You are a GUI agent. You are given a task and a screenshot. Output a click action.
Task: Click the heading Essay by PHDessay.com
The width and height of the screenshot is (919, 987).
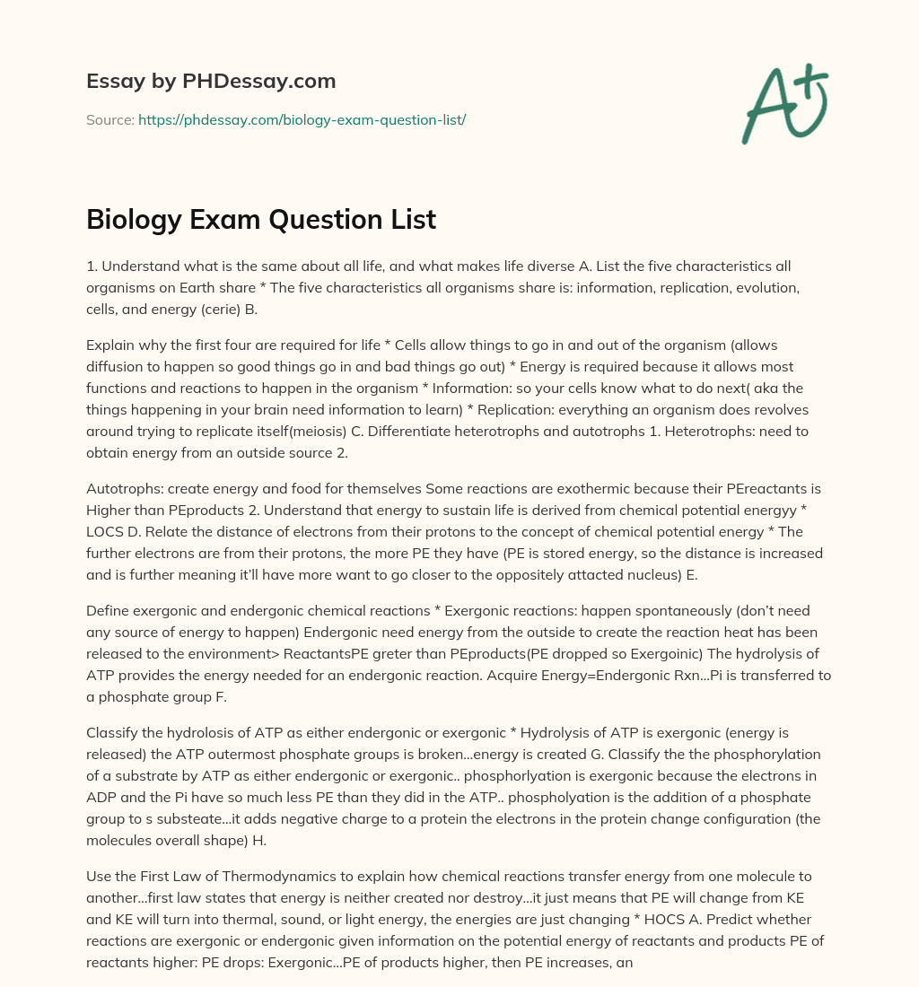[x=211, y=81]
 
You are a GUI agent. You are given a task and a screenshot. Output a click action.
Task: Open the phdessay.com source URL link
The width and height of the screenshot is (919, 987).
[x=302, y=119]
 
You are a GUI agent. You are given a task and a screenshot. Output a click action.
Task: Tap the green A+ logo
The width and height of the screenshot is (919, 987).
[x=783, y=103]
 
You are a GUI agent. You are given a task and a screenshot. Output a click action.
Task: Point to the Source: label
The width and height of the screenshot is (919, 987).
[x=109, y=119]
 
